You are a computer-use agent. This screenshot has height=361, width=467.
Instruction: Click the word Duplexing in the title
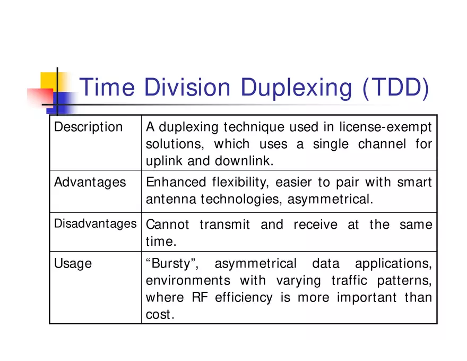pyautogui.click(x=296, y=88)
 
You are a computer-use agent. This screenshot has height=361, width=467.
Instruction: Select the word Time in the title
pyautogui.click(x=107, y=87)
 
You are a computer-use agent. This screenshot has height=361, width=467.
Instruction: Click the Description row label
pyautogui.click(x=88, y=127)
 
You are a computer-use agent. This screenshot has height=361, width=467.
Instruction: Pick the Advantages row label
pyautogui.click(x=90, y=182)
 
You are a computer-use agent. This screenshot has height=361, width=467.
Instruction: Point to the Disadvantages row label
pyautogui.click(x=96, y=224)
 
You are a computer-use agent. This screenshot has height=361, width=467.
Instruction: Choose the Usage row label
pyautogui.click(x=73, y=264)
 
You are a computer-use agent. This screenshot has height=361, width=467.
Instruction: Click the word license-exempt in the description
pyautogui.click(x=385, y=127)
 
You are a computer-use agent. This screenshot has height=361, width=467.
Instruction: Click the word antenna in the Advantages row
pyautogui.click(x=171, y=199)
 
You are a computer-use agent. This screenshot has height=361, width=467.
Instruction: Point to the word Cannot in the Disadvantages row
pyautogui.click(x=167, y=224)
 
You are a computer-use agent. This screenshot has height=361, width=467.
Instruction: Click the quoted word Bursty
pyautogui.click(x=172, y=264)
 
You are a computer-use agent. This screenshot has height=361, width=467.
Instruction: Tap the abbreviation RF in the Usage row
pyautogui.click(x=200, y=297)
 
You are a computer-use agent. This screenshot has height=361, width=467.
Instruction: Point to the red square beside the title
pyautogui.click(x=40, y=97)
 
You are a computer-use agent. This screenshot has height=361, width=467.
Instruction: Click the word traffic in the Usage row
pyautogui.click(x=349, y=281)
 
